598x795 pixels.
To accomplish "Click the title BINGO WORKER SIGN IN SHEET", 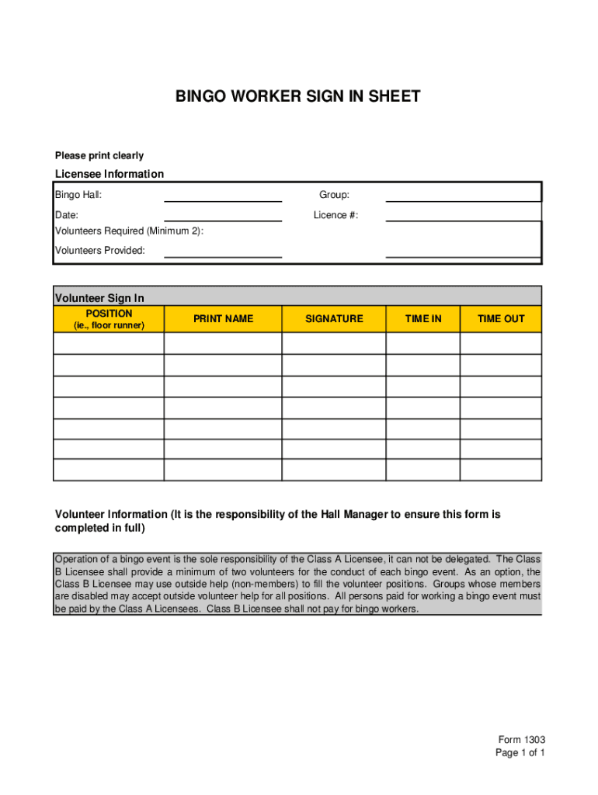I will coord(297,96).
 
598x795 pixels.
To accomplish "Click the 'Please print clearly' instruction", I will coord(99,156).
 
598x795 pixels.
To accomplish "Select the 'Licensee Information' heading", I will coord(109,174).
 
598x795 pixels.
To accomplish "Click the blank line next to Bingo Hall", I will coord(223,195).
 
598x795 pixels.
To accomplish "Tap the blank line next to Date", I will coord(223,215).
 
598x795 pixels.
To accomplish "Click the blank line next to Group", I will coord(463,195).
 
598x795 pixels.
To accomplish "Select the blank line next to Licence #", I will coord(463,215).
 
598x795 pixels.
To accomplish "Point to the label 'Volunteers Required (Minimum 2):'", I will coord(129,231).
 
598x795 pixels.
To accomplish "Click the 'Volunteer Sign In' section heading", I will coord(99,298).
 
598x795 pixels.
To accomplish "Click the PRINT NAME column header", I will coord(223,319).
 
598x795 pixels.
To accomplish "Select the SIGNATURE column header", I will coord(334,319).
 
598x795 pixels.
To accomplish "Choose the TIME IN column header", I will coord(423,319).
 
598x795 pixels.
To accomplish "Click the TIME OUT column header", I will coord(501,319).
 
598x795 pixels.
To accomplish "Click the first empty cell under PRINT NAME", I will coord(223,343).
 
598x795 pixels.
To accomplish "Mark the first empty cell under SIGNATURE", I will coord(334,343).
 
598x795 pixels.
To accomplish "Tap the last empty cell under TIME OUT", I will coord(501,470).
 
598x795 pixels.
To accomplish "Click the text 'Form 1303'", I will coord(522,740).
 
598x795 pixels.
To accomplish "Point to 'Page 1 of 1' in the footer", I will coord(520,753).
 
